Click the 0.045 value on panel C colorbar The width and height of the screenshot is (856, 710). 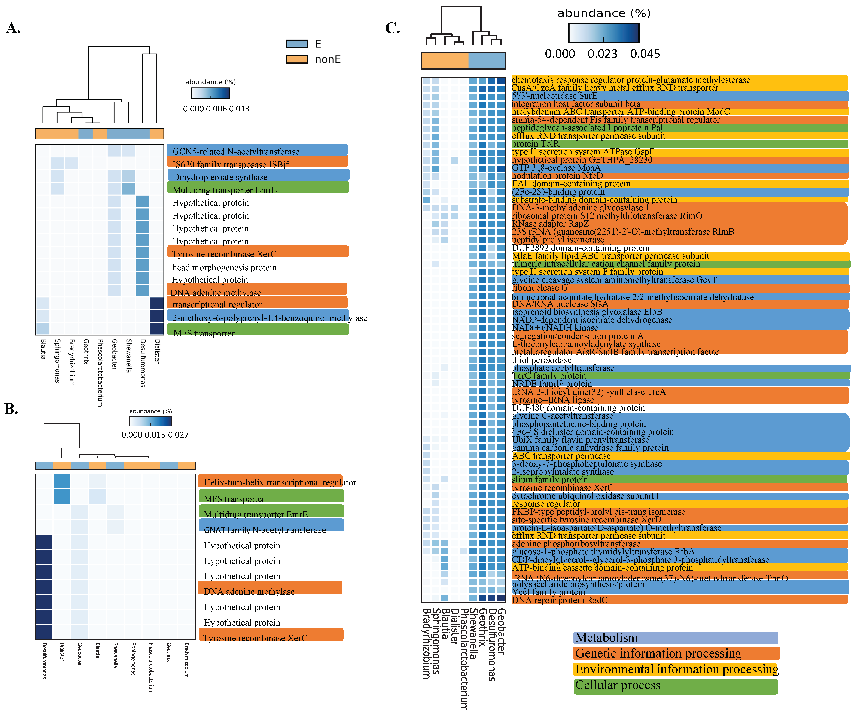point(645,54)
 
